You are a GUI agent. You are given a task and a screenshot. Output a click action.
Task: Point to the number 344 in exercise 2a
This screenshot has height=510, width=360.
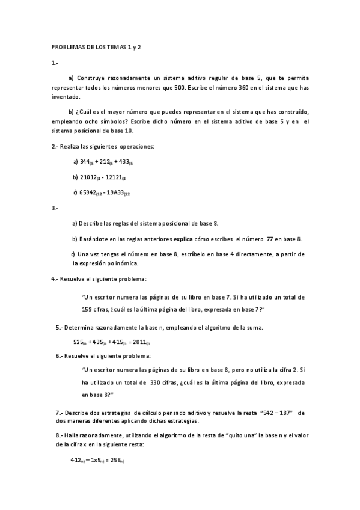(x=85, y=161)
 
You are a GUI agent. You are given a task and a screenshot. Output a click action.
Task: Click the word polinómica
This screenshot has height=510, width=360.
(x=123, y=263)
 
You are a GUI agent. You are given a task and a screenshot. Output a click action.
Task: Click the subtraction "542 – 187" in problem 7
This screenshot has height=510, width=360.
(x=276, y=413)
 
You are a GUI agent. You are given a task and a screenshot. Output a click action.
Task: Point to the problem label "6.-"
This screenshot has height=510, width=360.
(x=59, y=356)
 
